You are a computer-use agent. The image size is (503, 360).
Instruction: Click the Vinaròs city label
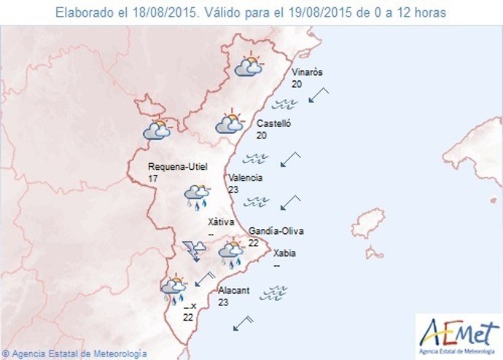307,72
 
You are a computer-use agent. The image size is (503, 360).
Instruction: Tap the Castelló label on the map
273,124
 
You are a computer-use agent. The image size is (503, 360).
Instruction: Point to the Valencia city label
245,178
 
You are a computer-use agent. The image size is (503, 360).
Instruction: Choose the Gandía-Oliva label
276,231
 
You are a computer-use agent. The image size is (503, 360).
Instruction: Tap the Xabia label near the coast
284,254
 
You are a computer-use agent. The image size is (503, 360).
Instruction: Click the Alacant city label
234,290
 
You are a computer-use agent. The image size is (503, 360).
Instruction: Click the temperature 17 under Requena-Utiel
153,179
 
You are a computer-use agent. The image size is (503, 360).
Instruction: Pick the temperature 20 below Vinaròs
297,84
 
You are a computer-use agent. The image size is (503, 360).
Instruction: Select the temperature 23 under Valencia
233,189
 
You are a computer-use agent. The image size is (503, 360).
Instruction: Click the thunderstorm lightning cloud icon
195,249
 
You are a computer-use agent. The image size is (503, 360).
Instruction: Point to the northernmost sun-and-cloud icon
249,66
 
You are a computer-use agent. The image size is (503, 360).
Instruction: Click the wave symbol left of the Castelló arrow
256,157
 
